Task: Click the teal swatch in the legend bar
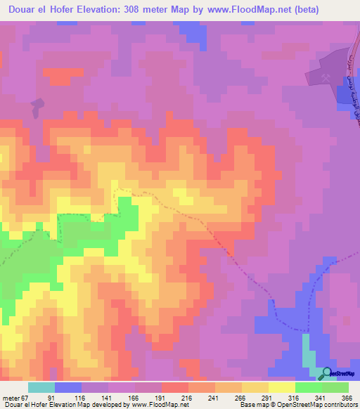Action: coord(41,387)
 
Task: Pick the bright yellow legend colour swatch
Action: coord(282,387)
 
